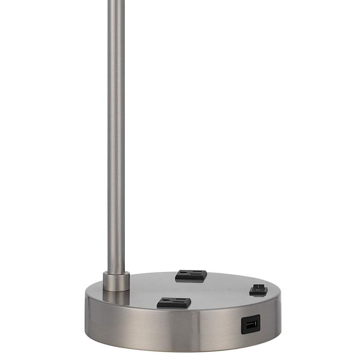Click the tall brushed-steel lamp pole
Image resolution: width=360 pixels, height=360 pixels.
116,138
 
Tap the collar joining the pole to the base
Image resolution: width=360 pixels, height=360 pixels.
116,281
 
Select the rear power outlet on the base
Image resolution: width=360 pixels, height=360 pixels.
191,275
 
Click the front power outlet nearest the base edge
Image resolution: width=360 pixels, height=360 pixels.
174,303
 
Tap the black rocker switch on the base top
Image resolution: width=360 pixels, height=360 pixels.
258,290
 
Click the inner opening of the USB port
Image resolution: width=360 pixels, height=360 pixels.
251,325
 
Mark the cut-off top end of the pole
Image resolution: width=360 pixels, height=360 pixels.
116,1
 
